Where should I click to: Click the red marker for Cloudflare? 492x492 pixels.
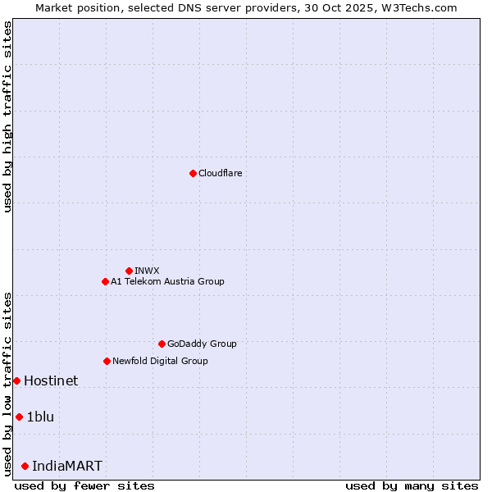(193, 173)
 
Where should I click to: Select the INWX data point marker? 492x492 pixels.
(129, 271)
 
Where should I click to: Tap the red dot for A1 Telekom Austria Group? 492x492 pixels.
(105, 281)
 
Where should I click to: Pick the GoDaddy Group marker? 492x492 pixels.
(162, 344)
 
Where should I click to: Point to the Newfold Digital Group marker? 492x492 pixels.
(107, 361)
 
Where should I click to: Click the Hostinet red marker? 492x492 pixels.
(16, 380)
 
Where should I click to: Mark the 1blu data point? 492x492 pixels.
(19, 417)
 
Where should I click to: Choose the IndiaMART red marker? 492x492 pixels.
(25, 466)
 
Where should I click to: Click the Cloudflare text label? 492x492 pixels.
(221, 173)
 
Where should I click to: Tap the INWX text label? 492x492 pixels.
(147, 271)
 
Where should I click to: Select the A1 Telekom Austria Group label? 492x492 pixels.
(167, 281)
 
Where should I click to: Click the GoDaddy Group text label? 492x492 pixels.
(202, 344)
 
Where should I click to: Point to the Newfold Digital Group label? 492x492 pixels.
(160, 361)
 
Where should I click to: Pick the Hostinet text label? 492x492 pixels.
(51, 380)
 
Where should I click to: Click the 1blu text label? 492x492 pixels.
(40, 417)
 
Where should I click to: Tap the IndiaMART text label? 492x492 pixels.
(67, 466)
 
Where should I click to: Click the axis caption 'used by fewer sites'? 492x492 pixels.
(84, 485)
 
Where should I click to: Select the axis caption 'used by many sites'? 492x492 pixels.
(412, 485)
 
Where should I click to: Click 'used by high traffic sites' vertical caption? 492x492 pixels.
(7, 116)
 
